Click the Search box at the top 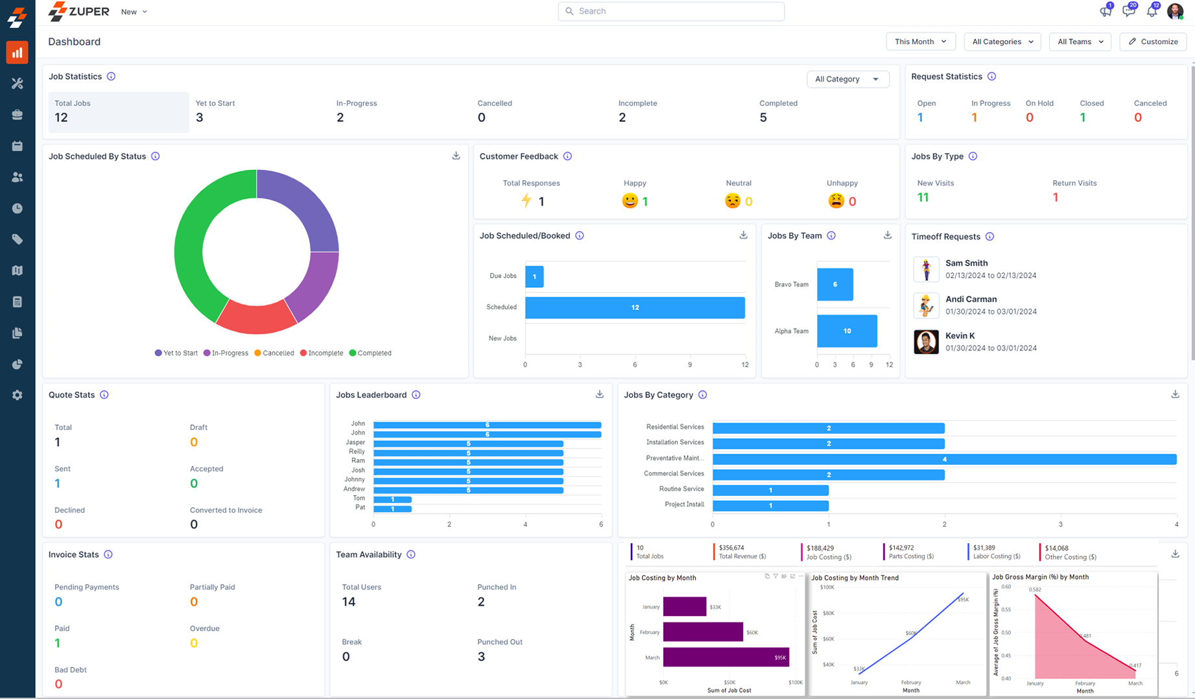click(671, 11)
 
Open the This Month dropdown click(920, 41)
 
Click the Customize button click(1153, 41)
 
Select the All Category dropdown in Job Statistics click(847, 79)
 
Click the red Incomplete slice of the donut click(255, 318)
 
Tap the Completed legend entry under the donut click(370, 353)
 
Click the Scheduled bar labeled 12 click(634, 307)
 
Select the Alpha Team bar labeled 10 click(846, 331)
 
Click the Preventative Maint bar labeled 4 click(943, 459)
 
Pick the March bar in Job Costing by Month click(725, 657)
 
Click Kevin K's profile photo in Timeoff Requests click(926, 342)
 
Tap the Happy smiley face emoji click(630, 201)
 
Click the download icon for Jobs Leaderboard click(599, 394)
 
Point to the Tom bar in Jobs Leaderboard click(392, 499)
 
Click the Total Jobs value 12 click(62, 117)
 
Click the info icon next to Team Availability click(411, 554)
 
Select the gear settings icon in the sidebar click(18, 395)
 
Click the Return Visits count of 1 click(1055, 197)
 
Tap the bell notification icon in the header click(1152, 11)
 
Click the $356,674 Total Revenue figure click(731, 548)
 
